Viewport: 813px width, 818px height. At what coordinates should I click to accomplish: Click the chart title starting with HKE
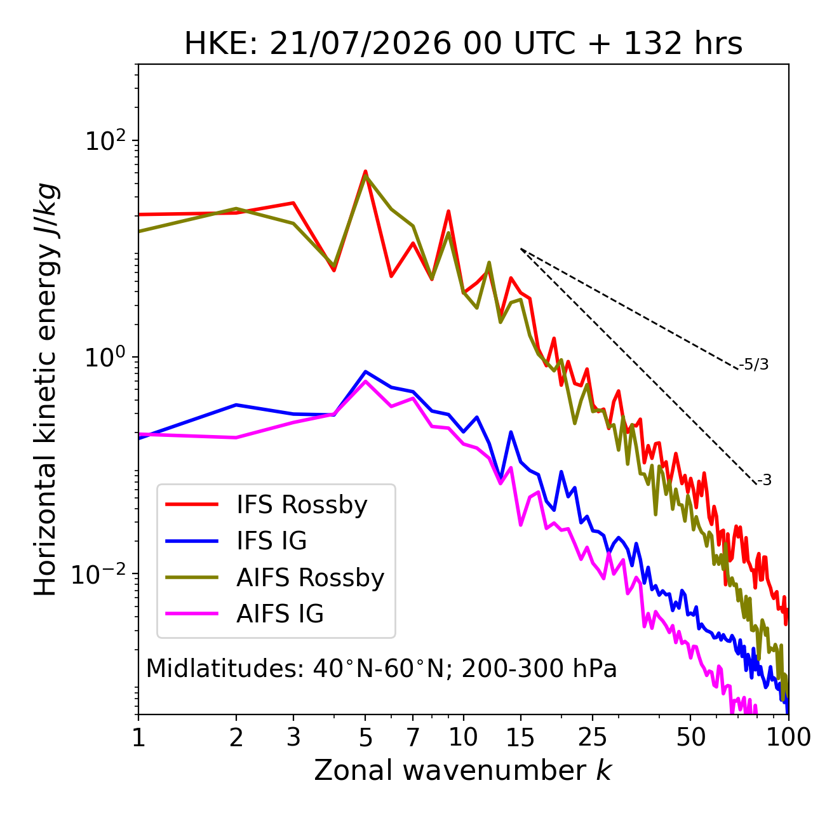(463, 44)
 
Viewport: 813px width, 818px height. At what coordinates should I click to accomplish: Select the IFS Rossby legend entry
(266, 505)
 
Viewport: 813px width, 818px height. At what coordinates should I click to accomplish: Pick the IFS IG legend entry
(236, 541)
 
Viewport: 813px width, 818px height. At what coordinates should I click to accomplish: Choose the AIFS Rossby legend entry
(274, 577)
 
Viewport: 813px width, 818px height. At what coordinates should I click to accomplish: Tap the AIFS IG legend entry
(245, 614)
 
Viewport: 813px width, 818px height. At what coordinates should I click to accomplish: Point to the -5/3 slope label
(754, 365)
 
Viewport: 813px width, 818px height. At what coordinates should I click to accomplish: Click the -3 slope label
(764, 480)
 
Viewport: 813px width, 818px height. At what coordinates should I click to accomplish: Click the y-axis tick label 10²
(106, 140)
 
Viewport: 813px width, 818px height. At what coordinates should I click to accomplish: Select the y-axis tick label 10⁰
(106, 357)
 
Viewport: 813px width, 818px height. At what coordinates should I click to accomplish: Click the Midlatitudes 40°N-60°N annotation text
(381, 669)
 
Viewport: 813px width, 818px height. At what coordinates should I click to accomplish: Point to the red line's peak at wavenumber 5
(365, 171)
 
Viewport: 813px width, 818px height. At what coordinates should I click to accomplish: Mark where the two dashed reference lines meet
(520, 249)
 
